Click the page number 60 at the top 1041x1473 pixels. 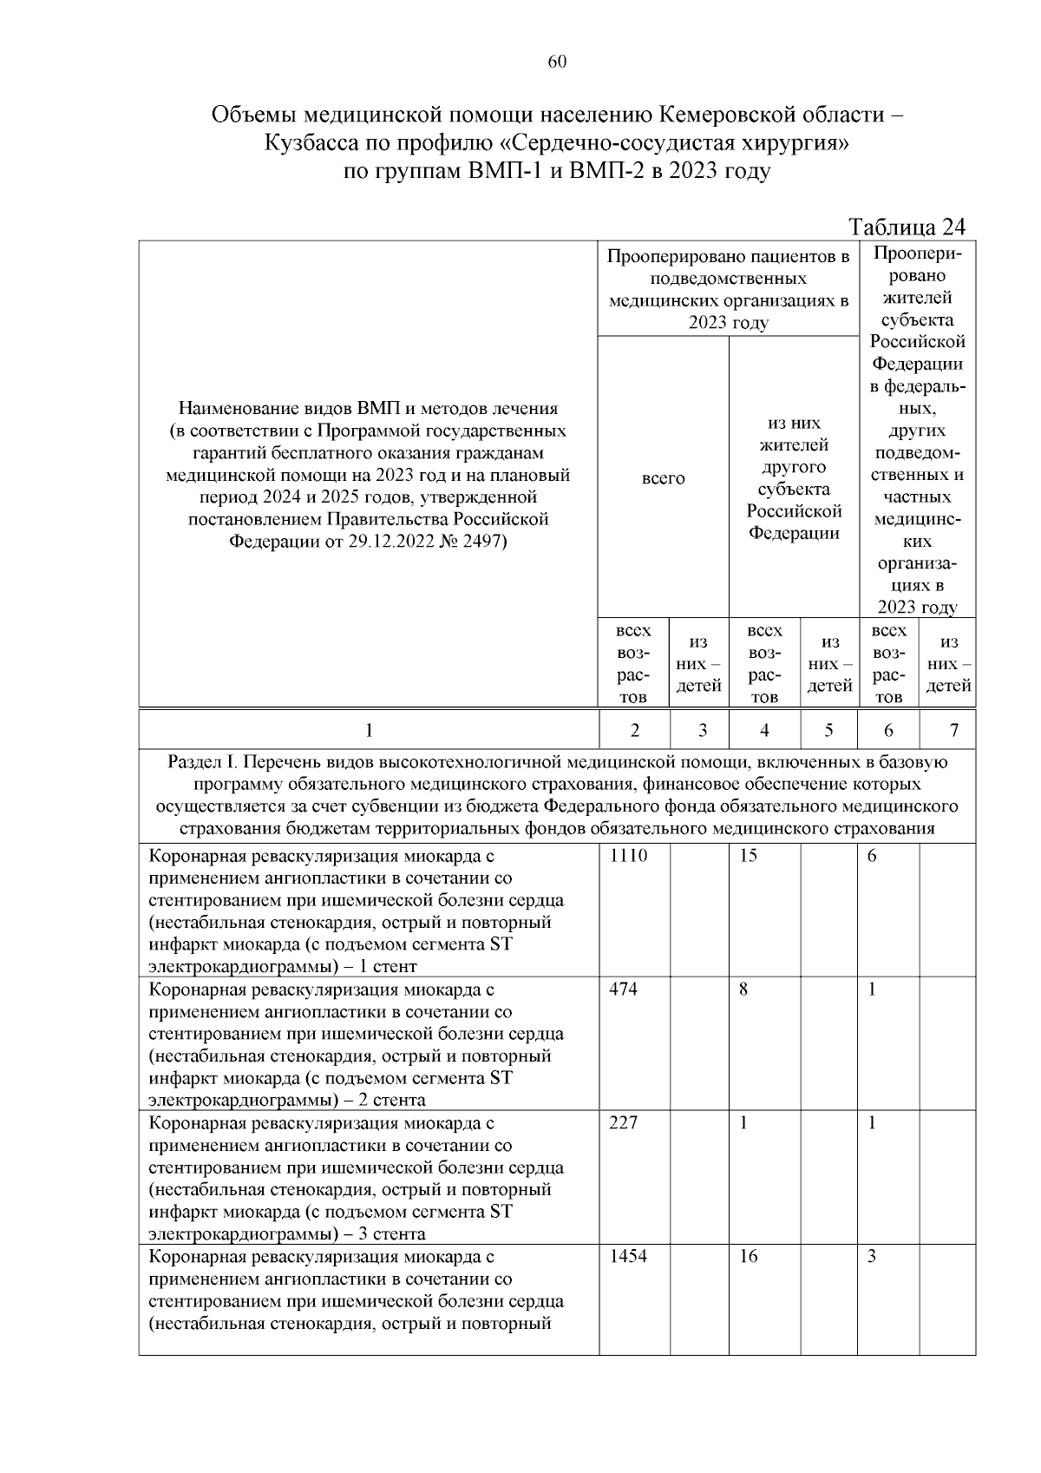pos(558,62)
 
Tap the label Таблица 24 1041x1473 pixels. pos(907,227)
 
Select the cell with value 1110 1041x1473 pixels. pos(628,856)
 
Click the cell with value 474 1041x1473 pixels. pos(623,990)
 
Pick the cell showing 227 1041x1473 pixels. pos(623,1123)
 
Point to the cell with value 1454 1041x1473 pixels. pos(628,1257)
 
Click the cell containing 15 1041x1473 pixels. pos(749,856)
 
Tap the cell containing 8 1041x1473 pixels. pos(743,990)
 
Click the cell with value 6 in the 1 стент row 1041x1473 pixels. pos(872,856)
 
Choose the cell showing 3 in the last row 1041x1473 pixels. pos(872,1257)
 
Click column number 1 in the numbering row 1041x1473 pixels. pos(369,731)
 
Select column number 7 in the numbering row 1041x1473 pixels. pos(953,731)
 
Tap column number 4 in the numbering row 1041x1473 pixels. pos(764,731)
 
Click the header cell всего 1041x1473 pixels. pos(663,478)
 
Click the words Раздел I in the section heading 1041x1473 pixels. pos(201,762)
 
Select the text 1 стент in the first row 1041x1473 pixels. pos(387,966)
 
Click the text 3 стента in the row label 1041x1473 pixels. pos(387,1233)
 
